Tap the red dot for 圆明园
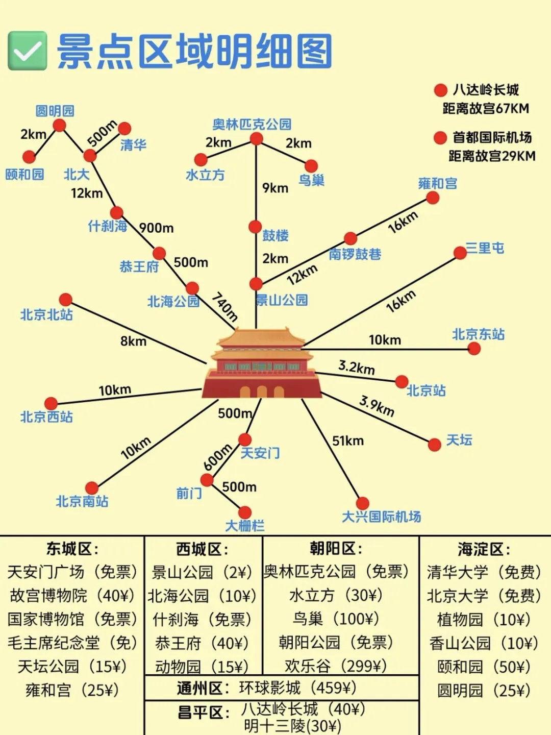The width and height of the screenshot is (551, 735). click(59, 125)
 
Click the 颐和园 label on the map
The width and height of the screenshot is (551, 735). click(24, 175)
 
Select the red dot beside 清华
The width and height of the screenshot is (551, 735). click(124, 129)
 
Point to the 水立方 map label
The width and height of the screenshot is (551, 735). click(205, 175)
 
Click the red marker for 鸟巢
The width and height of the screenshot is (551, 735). click(311, 166)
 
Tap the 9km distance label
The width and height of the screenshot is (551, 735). click(275, 188)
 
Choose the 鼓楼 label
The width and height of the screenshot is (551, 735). click(275, 235)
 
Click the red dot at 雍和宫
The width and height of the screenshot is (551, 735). click(433, 198)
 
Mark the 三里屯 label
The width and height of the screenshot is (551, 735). click(485, 249)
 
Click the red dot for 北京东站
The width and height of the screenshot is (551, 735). click(474, 348)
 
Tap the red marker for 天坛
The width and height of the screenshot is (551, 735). click(434, 445)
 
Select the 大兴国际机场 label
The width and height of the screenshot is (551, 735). click(381, 517)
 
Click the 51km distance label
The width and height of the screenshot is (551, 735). click(348, 440)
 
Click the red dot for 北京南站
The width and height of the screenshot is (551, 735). click(92, 488)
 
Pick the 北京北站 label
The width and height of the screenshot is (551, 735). click(46, 314)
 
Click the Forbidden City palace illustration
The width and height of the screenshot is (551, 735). click(262, 363)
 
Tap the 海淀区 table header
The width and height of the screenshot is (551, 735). click(483, 549)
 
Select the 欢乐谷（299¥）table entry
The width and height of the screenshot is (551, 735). click(336, 666)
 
